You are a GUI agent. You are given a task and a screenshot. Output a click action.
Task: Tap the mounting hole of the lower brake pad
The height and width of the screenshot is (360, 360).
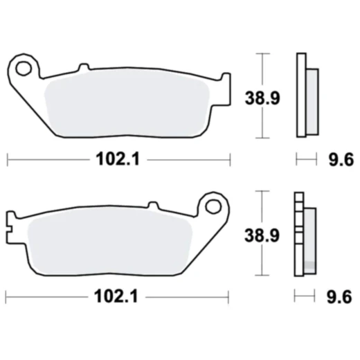(x=213, y=206)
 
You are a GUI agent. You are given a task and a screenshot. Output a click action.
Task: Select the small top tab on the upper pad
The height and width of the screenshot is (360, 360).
(x=84, y=68)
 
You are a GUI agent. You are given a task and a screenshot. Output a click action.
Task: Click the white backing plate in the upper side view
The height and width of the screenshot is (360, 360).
(x=300, y=97)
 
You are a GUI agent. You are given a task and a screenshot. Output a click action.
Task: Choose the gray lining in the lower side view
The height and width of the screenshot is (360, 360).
(x=309, y=239)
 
